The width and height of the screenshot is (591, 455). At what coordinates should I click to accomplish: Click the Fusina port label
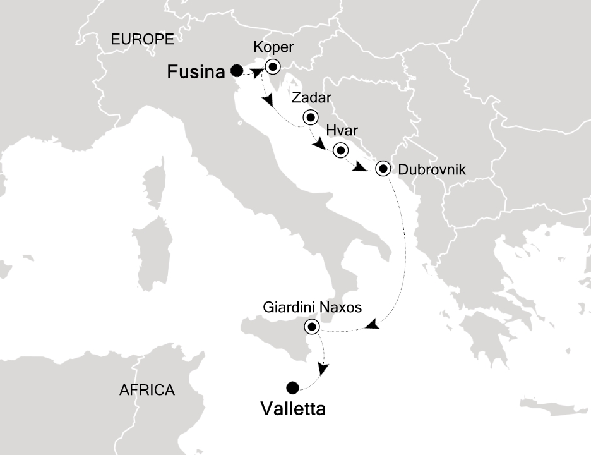[196, 73]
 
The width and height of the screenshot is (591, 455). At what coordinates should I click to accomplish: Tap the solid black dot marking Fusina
[237, 70]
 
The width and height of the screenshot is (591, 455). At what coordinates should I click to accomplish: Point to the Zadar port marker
[310, 117]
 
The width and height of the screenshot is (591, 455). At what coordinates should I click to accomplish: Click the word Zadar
[311, 99]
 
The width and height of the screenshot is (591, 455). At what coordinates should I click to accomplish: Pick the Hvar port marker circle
[341, 150]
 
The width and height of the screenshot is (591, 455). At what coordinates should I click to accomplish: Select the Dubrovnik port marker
[383, 169]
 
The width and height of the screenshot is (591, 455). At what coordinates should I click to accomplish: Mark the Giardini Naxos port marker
[312, 327]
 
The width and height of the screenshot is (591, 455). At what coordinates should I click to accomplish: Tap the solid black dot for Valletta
[292, 388]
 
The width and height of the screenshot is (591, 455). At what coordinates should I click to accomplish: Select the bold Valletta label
[293, 409]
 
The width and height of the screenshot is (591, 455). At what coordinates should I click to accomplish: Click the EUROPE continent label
[142, 39]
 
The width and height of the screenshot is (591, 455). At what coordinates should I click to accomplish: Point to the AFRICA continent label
[146, 390]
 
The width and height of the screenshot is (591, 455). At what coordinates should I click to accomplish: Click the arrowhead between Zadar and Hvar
[319, 146]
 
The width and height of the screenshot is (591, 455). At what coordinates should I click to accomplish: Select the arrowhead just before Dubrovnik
[359, 168]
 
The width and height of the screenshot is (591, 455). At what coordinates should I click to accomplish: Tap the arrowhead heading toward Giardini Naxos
[373, 325]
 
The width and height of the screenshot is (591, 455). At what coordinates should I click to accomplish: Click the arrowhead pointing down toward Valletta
[323, 368]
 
